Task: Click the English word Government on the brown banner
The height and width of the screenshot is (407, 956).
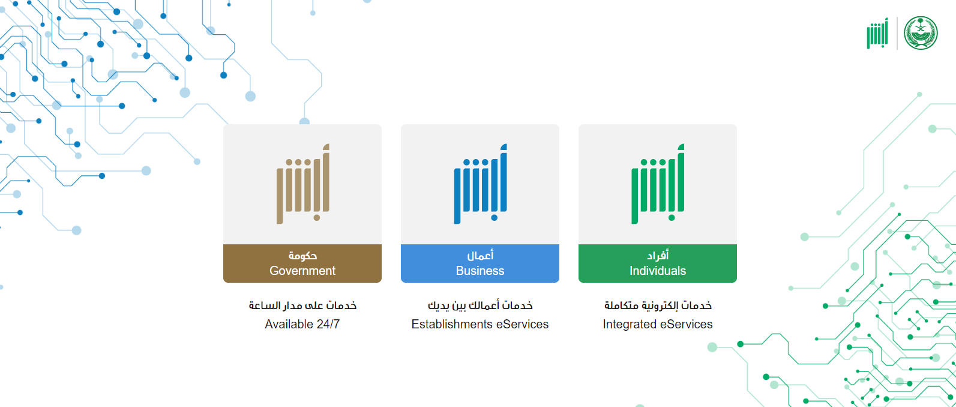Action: click(x=302, y=271)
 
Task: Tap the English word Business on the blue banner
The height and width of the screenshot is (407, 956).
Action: click(x=480, y=271)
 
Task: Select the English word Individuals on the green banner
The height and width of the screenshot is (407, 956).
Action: click(x=657, y=271)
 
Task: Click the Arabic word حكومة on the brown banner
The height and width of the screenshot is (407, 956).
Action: click(x=302, y=255)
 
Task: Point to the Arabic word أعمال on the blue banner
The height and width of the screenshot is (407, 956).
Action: click(x=480, y=255)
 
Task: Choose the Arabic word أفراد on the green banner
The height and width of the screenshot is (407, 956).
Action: click(x=658, y=255)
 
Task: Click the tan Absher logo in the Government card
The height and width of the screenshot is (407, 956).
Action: click(x=303, y=184)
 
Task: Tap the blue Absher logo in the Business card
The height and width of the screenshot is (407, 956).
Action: click(x=481, y=184)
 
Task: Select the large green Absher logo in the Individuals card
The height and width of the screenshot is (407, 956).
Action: click(x=658, y=184)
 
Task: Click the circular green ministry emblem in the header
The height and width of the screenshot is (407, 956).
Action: click(x=921, y=33)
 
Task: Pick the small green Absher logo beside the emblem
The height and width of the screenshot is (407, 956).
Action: click(x=877, y=33)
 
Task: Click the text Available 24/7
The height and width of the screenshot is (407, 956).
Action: click(x=302, y=324)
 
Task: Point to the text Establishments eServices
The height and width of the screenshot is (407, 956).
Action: click(x=480, y=324)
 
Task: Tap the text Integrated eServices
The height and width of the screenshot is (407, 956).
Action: click(x=657, y=324)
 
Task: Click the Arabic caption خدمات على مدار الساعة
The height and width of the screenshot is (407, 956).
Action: click(x=302, y=306)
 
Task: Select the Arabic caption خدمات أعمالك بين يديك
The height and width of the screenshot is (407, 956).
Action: click(x=480, y=306)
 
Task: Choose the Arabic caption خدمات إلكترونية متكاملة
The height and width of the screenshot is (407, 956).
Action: click(x=658, y=306)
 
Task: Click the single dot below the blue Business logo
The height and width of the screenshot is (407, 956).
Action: click(x=495, y=218)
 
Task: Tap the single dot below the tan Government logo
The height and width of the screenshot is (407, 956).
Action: click(x=317, y=218)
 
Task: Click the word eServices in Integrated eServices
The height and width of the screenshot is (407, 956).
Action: click(x=686, y=324)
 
